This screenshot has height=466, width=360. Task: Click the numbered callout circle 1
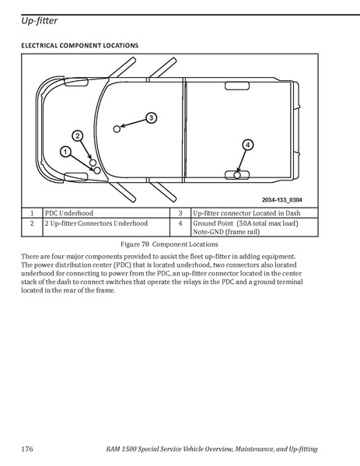pyautogui.click(x=65, y=152)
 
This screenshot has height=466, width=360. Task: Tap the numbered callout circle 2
pyautogui.click(x=78, y=136)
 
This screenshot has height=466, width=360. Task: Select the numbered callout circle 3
pyautogui.click(x=151, y=118)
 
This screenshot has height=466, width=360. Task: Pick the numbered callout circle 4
pyautogui.click(x=248, y=145)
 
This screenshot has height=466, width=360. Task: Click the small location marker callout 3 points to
pyautogui.click(x=117, y=129)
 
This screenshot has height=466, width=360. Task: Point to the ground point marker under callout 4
pyautogui.click(x=236, y=175)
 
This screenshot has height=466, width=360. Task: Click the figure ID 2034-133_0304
pyautogui.click(x=282, y=200)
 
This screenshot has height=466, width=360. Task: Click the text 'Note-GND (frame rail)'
pyautogui.click(x=226, y=232)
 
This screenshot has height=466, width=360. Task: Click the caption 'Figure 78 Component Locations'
pyautogui.click(x=170, y=244)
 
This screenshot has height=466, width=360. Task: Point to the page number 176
pyautogui.click(x=27, y=448)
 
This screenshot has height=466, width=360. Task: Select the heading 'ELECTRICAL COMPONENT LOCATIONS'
pyautogui.click(x=79, y=45)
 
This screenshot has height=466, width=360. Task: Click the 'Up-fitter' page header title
pyautogui.click(x=39, y=21)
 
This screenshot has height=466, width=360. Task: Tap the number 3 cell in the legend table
pyautogui.click(x=180, y=213)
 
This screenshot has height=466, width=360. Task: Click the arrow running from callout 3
pyautogui.click(x=134, y=124)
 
